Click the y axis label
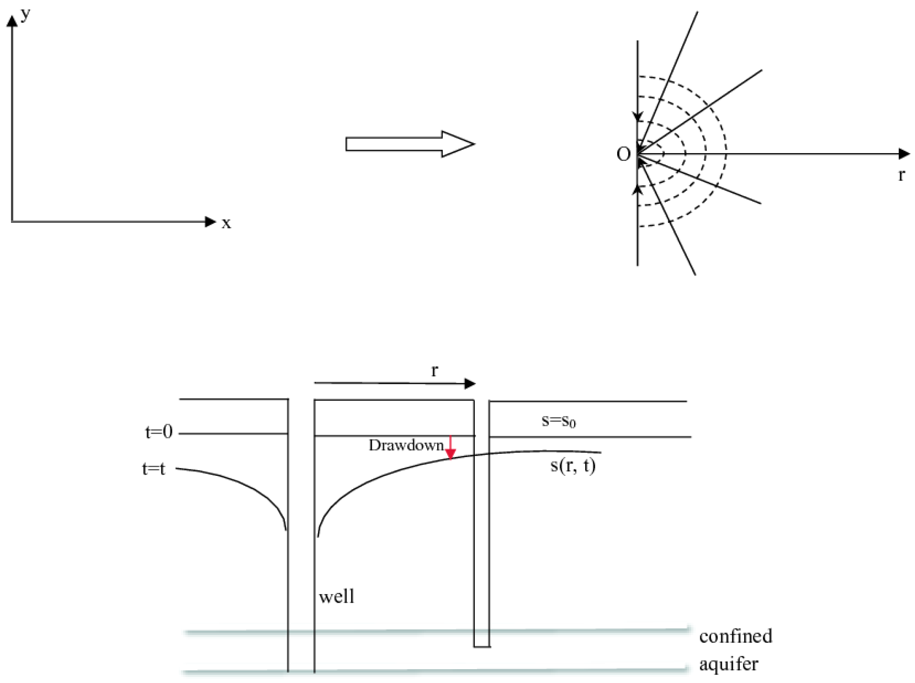coord(25,15)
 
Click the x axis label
coord(226,224)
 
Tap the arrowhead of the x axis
coord(211,222)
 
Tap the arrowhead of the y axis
coord(12,21)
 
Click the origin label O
coord(623,154)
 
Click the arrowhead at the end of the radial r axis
coord(904,154)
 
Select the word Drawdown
coord(406,445)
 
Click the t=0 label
coord(159,432)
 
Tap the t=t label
coord(153,469)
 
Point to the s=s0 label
coord(558,421)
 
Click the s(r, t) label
coord(573,466)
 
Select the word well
coord(337,597)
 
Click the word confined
coord(735,636)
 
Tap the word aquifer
coord(729,664)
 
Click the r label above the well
coord(434,370)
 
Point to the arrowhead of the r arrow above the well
coord(470,384)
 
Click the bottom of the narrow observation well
coord(482,646)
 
